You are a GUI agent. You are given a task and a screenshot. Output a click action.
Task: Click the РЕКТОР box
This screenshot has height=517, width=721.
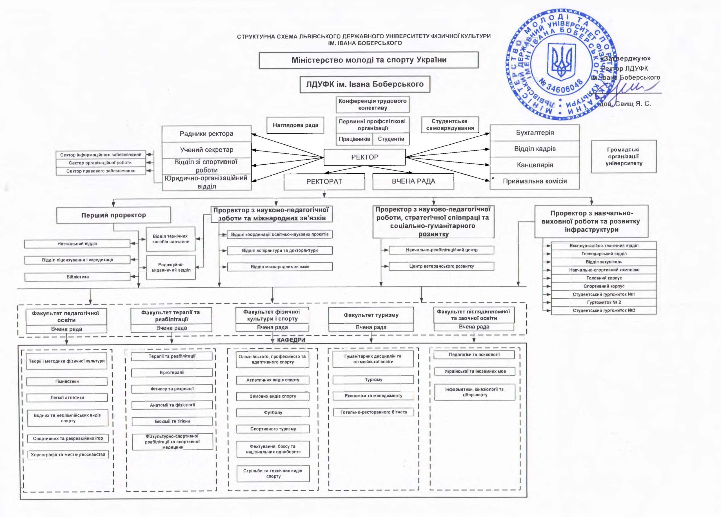coord(365,157)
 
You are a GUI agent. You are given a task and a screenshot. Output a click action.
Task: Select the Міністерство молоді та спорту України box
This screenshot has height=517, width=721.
coord(368,60)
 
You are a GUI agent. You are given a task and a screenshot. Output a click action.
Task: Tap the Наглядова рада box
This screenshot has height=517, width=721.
coord(295,125)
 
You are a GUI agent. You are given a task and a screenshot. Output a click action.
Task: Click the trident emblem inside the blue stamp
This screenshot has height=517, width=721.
coord(561,62)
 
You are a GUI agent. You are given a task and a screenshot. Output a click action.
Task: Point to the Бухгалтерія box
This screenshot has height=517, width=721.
coord(535,133)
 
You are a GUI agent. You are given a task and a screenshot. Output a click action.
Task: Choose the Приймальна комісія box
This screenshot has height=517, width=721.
coord(535,181)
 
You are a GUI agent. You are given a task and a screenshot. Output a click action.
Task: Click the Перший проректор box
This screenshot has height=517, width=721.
coord(114,215)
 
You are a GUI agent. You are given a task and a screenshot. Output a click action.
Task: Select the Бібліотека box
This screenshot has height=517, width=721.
coord(77,277)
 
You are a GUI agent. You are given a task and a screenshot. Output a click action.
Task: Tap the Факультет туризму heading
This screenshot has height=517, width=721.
coord(371,315)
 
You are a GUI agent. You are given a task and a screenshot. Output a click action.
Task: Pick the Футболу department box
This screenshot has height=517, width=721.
coord(273,413)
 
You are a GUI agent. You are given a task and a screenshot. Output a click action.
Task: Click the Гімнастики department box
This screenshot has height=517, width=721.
coord(67,381)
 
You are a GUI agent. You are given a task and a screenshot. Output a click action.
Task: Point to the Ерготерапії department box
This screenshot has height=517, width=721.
coord(172,372)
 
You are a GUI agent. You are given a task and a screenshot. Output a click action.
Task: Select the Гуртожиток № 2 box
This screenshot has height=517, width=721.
coord(604,302)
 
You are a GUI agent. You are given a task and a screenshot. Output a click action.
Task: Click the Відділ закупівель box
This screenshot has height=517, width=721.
coord(604,262)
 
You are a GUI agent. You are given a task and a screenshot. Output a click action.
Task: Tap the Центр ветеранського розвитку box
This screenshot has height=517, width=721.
coord(441,266)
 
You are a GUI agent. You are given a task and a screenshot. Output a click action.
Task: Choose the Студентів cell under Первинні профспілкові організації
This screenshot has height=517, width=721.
coord(391,139)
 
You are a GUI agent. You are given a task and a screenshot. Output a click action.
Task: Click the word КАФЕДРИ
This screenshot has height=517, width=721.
coord(291,340)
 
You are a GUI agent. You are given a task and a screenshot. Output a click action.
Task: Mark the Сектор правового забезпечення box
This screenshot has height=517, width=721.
coord(101,171)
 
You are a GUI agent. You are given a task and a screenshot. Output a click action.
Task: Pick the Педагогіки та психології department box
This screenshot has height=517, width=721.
coord(474,355)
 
